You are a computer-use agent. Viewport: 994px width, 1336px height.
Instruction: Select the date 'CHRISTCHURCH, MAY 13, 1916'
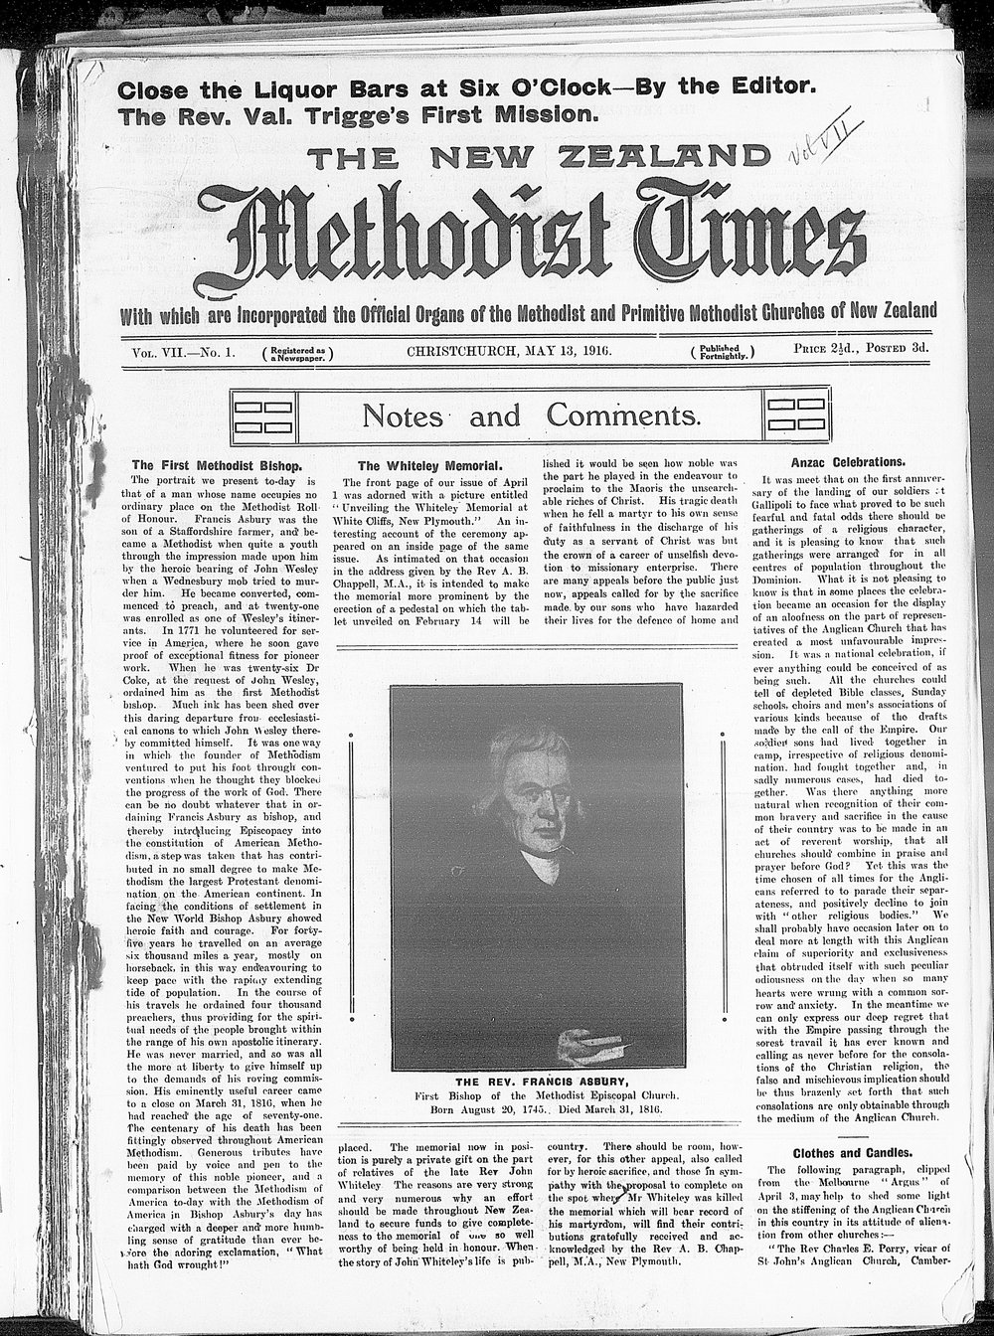(509, 350)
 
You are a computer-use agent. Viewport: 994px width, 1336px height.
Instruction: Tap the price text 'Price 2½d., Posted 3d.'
(862, 349)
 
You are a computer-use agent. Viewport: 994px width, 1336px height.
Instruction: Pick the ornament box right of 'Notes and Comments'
(796, 415)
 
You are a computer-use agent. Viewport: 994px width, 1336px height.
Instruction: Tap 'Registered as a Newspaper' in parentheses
(297, 351)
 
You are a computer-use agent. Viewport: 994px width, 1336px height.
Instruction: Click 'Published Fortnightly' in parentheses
(723, 351)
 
